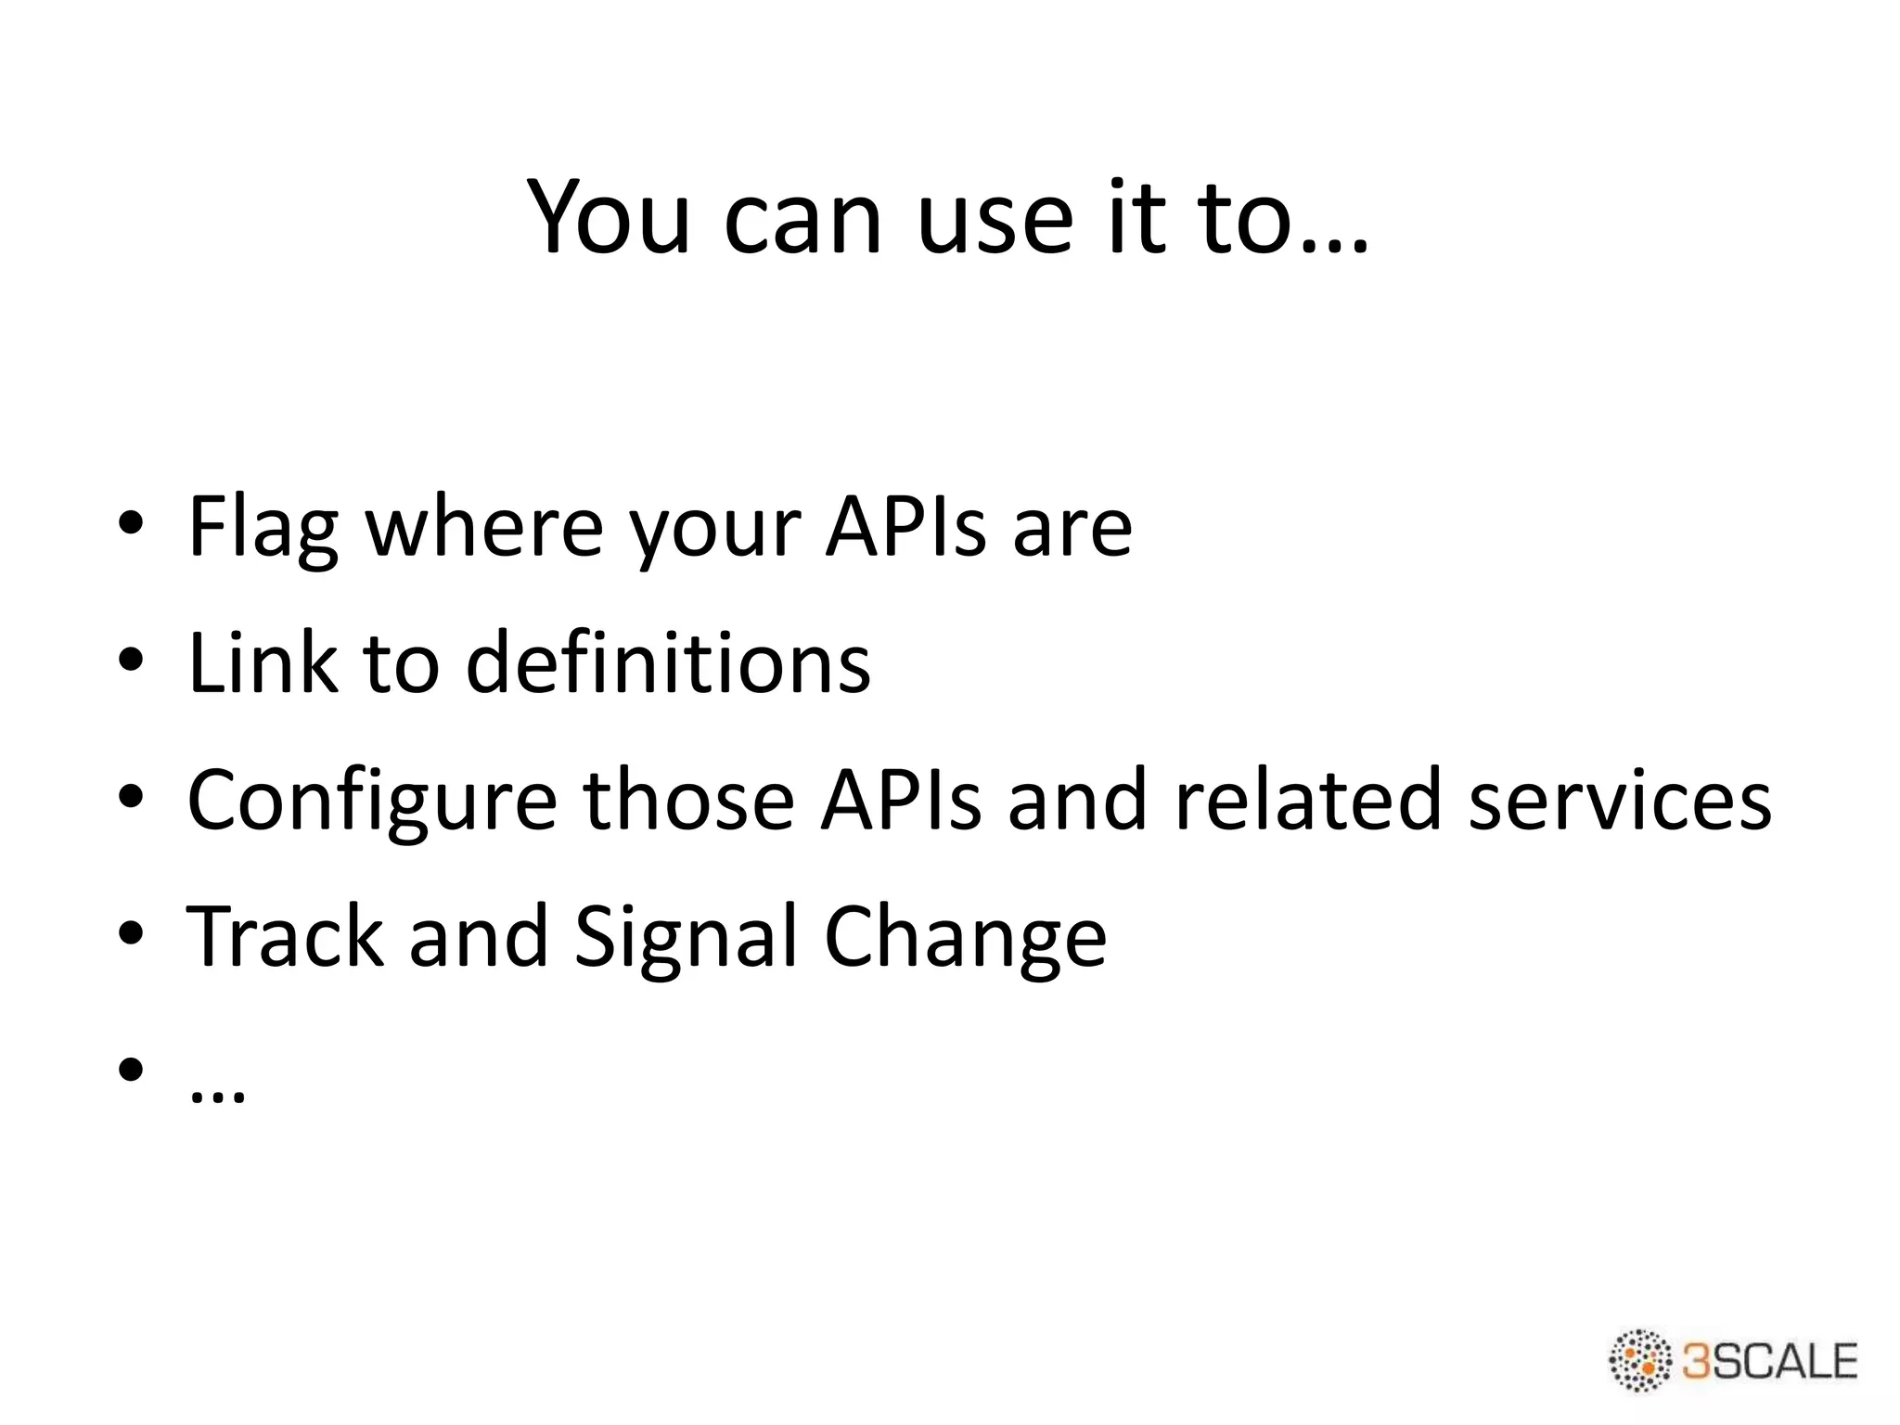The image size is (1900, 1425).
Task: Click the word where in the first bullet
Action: coord(485,527)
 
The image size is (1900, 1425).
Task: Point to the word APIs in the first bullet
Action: coord(905,527)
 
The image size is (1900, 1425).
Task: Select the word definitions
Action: coord(668,662)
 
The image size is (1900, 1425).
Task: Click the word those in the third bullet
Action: coord(688,800)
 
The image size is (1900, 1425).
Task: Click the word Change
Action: coord(965,937)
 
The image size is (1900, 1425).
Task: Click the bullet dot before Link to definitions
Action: coord(131,661)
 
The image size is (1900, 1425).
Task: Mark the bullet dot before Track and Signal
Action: coord(131,933)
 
